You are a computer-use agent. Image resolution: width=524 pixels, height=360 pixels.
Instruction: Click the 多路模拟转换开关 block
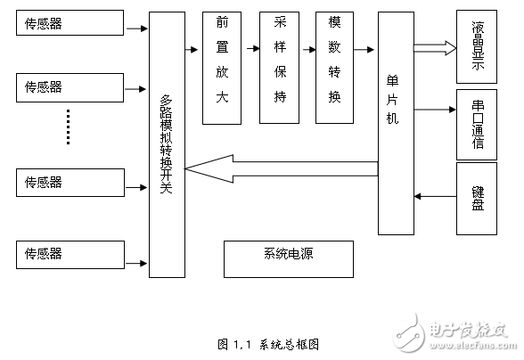click(x=166, y=146)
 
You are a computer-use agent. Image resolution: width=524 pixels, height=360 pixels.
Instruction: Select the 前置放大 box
click(x=222, y=68)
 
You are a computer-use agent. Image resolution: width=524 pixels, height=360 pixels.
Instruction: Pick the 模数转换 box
click(x=334, y=68)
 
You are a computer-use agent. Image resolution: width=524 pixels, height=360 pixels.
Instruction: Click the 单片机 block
click(x=395, y=123)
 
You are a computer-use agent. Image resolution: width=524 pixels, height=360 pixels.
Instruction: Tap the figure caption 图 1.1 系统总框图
click(x=268, y=344)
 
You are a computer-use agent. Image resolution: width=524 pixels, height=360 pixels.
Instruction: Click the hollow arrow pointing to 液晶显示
click(x=434, y=47)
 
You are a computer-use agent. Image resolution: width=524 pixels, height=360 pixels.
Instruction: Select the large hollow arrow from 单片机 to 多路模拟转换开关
click(x=281, y=165)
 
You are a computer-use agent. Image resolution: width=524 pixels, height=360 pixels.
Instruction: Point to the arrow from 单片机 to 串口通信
click(x=434, y=110)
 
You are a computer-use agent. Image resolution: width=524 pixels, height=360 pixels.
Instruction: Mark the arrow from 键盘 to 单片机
click(x=434, y=195)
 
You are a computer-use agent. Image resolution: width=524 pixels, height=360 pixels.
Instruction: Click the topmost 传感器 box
click(x=70, y=23)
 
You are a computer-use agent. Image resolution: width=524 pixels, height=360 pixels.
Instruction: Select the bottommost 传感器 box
click(x=70, y=254)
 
